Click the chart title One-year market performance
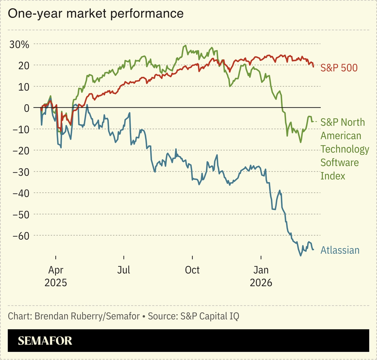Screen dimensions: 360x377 pyautogui.click(x=95, y=14)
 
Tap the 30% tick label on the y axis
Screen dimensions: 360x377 pyautogui.click(x=19, y=44)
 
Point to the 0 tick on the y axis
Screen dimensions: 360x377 pyautogui.click(x=27, y=108)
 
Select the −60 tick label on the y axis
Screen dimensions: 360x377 pyautogui.click(x=21, y=235)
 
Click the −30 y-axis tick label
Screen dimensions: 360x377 pyautogui.click(x=21, y=172)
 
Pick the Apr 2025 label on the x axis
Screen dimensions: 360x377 pyautogui.click(x=56, y=276)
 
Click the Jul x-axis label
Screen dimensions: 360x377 pyautogui.click(x=124, y=270)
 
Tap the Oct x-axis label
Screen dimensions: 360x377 pyautogui.click(x=192, y=270)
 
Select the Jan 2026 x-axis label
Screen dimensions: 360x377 pyautogui.click(x=261, y=276)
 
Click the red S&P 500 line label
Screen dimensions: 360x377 pyautogui.click(x=339, y=68)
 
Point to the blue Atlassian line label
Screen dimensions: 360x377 pyautogui.click(x=340, y=250)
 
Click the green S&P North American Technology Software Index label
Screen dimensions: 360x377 pyautogui.click(x=344, y=149)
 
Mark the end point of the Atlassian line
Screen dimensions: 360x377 pyautogui.click(x=313, y=250)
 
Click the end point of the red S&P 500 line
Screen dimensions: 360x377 pyautogui.click(x=313, y=67)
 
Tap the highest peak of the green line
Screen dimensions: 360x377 pyautogui.click(x=186, y=45)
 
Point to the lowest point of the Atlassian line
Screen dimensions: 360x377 pyautogui.click(x=300, y=256)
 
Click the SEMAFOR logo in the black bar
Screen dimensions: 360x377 pyautogui.click(x=45, y=341)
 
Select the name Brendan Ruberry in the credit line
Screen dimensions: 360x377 pyautogui.click(x=60, y=316)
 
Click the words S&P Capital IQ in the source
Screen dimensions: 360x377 pyautogui.click(x=209, y=316)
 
